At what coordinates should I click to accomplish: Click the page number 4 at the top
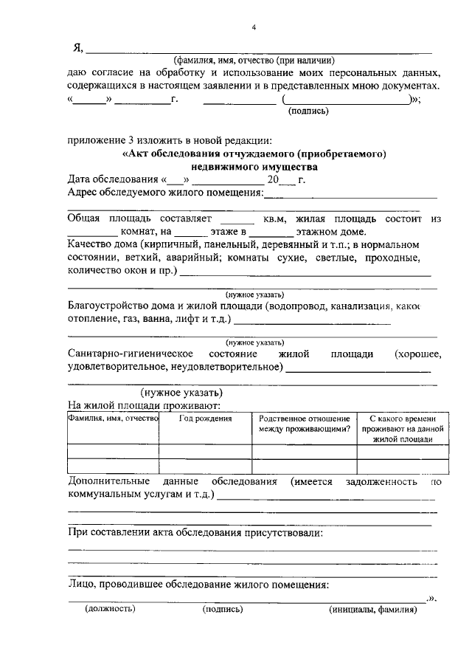coord(253,28)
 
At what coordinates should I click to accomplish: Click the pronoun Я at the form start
coord(77,49)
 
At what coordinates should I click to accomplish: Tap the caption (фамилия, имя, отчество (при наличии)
coord(254,61)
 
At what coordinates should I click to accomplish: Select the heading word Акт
coord(137,154)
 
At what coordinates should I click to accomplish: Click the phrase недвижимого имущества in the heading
coord(253,167)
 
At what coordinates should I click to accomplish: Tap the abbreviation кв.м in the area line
coord(275,220)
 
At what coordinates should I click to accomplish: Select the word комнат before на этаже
coord(135,233)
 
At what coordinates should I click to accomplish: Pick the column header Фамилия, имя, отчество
coord(113,419)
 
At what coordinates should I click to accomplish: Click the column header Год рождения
coord(206,419)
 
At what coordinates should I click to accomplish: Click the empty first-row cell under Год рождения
coord(206,452)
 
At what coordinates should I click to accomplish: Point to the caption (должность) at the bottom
coord(110,610)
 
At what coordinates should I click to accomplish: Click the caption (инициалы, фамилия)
coord(372,610)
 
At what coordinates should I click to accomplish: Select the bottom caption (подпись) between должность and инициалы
coord(222,610)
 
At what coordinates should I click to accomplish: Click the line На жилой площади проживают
coord(139,405)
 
